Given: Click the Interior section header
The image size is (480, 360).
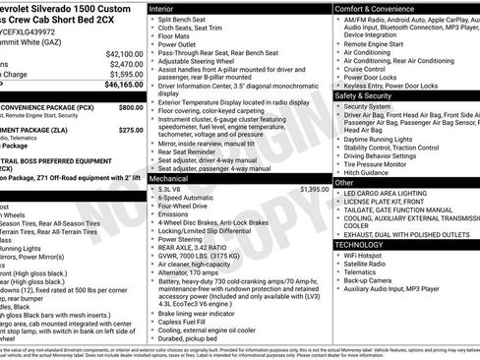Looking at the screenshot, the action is (x=167, y=8).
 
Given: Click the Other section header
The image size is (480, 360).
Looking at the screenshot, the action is (x=344, y=182).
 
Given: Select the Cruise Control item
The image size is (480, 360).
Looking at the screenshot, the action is (x=364, y=69).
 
